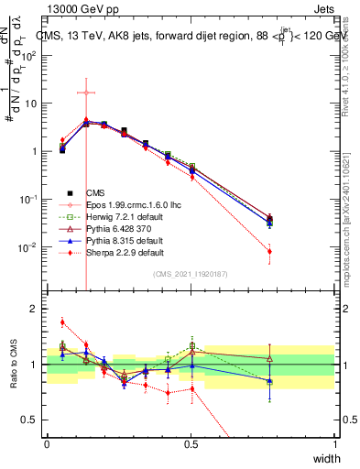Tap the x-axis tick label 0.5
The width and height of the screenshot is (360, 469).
[x=191, y=444]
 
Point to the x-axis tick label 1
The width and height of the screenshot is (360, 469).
[x=335, y=444]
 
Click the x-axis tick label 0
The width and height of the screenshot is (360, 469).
[x=48, y=444]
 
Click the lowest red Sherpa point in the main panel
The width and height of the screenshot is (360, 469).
[x=269, y=251]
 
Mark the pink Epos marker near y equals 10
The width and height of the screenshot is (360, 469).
[x=86, y=92]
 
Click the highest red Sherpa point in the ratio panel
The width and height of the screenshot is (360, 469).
[x=62, y=322]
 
